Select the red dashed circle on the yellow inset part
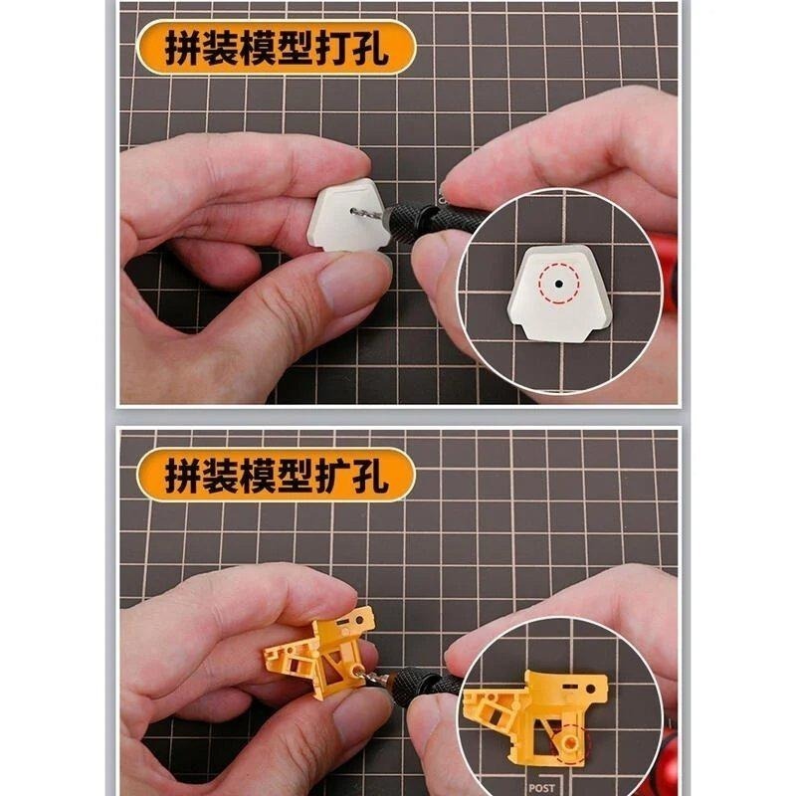click(x=570, y=742)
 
